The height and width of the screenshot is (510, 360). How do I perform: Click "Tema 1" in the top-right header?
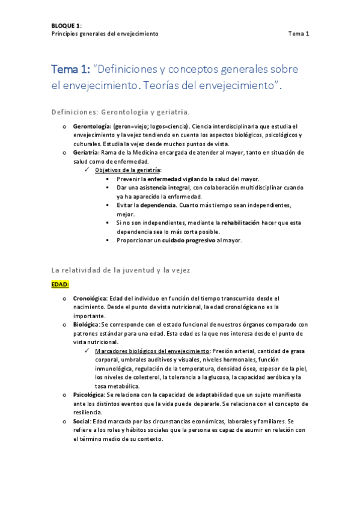(298, 34)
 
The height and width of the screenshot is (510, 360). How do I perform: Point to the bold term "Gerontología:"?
(91, 127)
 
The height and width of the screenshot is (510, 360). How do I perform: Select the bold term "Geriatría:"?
(86, 153)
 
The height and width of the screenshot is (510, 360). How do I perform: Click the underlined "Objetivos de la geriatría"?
(127, 170)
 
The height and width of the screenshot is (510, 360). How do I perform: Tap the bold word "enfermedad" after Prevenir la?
(164, 179)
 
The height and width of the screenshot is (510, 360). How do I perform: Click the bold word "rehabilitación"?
(236, 223)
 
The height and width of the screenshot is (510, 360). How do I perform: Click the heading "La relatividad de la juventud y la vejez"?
(121, 271)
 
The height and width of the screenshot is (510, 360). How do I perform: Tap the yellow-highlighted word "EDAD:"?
(60, 284)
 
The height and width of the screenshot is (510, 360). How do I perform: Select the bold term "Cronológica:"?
(90, 298)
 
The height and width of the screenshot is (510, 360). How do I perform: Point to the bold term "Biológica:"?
(87, 324)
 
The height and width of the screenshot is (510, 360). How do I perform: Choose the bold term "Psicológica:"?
(89, 395)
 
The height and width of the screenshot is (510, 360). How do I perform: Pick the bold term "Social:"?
(83, 421)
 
